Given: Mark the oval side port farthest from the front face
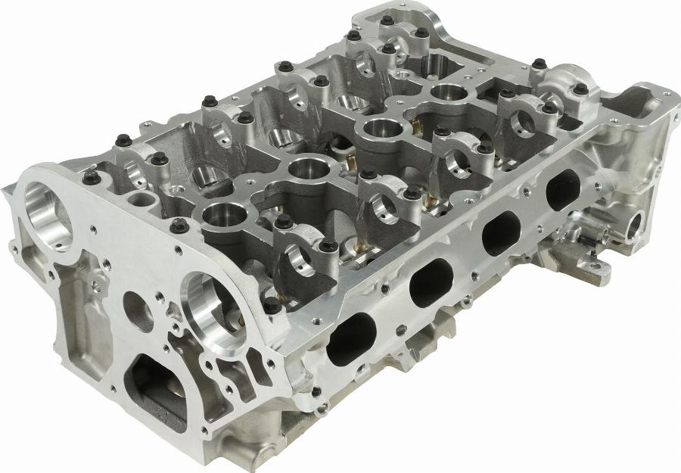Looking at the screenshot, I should coord(561,187).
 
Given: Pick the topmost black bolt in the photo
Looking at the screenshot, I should coord(387,20).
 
